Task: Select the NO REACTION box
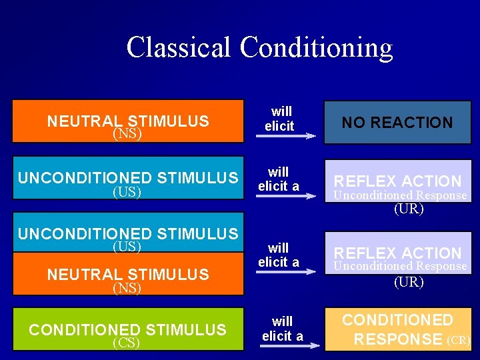pos(397,122)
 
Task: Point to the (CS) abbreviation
pos(127,343)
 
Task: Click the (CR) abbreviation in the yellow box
pos(459,340)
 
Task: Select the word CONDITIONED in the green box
pos(84,329)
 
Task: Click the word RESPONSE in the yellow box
pos(397,339)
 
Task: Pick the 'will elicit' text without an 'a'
pos(279,119)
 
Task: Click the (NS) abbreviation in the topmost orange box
pos(127,134)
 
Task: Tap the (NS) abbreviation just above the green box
pos(127,288)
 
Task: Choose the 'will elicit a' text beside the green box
pos(282,329)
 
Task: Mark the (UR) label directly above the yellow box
pos(409,282)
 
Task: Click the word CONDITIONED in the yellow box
pos(397,321)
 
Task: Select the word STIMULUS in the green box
pos(186,329)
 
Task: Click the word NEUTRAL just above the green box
pos(85,274)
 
